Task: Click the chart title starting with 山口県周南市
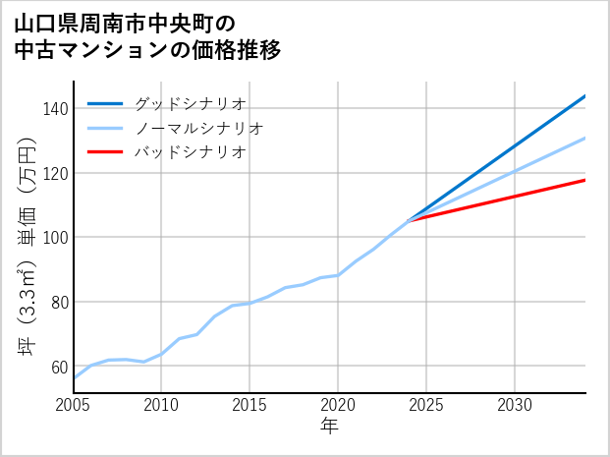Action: (x=147, y=36)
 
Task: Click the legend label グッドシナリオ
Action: (x=190, y=103)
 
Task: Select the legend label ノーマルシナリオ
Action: (x=198, y=128)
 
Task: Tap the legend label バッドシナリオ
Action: (x=190, y=152)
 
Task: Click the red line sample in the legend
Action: (x=105, y=152)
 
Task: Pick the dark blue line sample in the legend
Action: (x=105, y=103)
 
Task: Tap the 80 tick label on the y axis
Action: (x=57, y=302)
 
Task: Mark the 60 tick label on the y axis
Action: (x=57, y=367)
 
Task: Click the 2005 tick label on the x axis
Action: (x=74, y=405)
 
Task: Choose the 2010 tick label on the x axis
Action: (x=161, y=405)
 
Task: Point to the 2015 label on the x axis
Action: (x=250, y=405)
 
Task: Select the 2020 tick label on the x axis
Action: (x=338, y=405)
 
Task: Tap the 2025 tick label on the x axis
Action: (x=426, y=405)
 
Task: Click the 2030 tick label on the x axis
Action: (x=515, y=405)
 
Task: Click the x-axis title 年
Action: (x=329, y=427)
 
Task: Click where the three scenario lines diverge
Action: (x=409, y=221)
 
